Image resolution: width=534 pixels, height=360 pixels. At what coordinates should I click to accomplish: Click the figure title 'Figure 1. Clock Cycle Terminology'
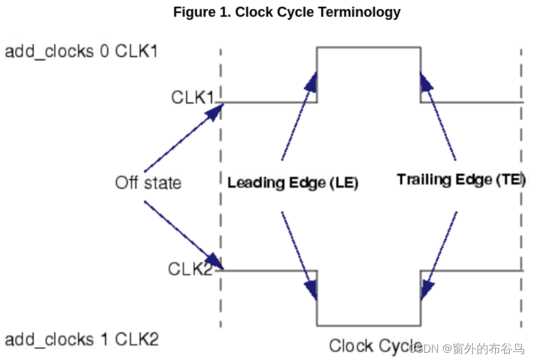point(286,12)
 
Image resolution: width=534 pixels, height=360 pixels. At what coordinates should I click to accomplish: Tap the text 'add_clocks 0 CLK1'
point(81,51)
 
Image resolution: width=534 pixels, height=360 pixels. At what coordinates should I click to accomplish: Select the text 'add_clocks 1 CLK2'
point(81,339)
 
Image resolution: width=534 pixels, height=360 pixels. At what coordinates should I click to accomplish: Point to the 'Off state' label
point(148,182)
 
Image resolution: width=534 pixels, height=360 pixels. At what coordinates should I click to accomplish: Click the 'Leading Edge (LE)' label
point(292,183)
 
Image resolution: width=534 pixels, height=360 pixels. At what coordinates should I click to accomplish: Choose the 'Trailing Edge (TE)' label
point(461,180)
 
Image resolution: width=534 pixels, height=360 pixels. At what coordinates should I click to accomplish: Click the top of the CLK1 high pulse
point(368,47)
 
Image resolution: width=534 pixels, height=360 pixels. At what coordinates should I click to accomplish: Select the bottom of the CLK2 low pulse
point(368,325)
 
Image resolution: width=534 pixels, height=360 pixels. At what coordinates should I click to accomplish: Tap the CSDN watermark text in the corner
point(467,348)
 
